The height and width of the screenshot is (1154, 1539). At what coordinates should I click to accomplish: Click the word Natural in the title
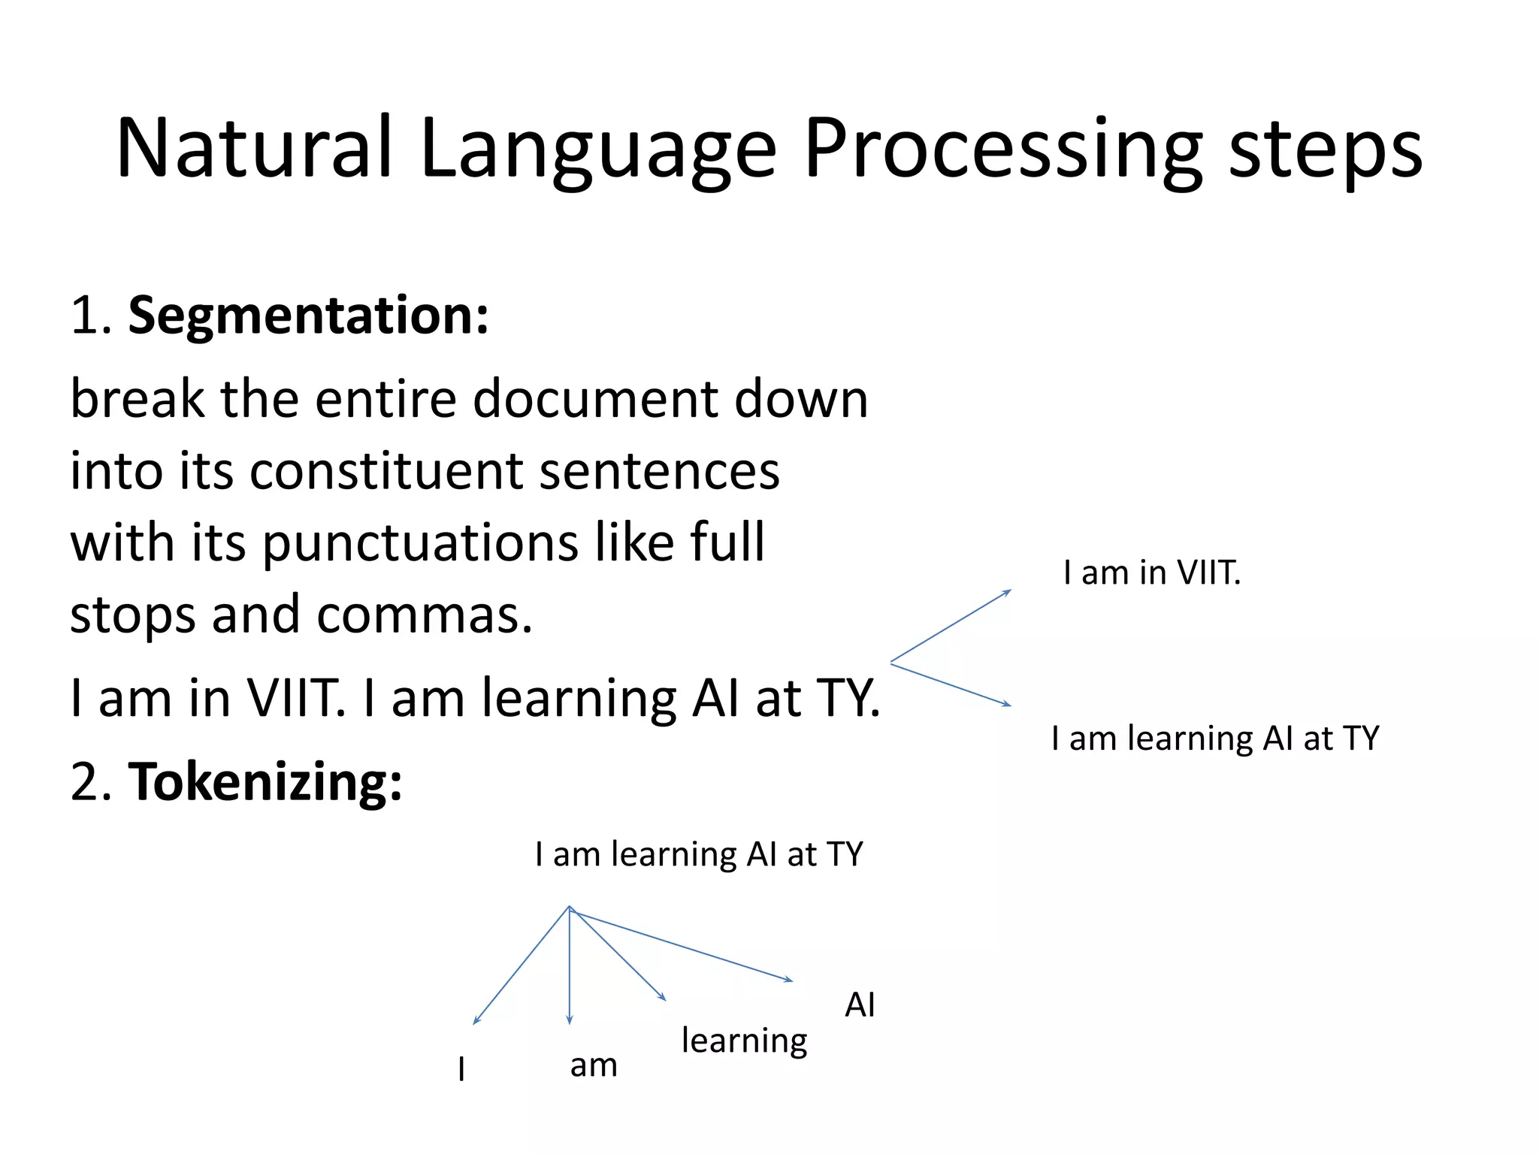click(254, 148)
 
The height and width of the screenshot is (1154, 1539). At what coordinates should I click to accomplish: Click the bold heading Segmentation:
click(308, 316)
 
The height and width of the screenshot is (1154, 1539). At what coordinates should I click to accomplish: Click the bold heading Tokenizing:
click(265, 782)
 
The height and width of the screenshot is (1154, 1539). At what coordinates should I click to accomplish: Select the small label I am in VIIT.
click(1151, 573)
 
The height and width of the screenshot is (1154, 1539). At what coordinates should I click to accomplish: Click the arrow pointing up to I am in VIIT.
click(951, 626)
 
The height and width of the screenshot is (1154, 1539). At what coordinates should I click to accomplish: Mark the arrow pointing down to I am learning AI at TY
click(951, 684)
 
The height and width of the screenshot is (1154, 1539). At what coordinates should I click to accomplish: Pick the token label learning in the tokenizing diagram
click(744, 1041)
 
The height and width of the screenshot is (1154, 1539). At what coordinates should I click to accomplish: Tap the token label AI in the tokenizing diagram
click(860, 1004)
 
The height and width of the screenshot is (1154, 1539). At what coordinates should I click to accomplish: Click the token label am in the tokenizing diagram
click(594, 1065)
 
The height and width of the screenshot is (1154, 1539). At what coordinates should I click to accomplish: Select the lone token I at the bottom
click(461, 1068)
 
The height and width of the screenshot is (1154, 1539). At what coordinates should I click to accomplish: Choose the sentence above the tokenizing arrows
click(699, 855)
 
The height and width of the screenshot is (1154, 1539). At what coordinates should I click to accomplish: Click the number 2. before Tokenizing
click(91, 782)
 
